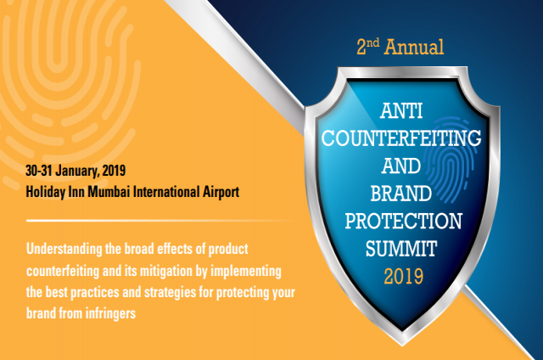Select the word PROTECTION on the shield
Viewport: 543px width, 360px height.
click(405, 221)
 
